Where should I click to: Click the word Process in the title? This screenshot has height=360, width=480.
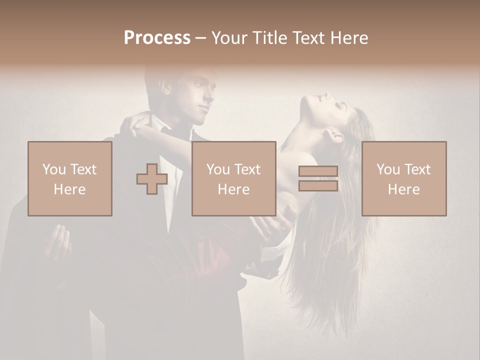pyautogui.click(x=157, y=38)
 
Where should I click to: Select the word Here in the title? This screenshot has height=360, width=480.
pyautogui.click(x=348, y=38)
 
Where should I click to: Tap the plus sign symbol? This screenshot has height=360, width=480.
pyautogui.click(x=152, y=179)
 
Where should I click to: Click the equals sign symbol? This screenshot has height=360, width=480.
pyautogui.click(x=318, y=179)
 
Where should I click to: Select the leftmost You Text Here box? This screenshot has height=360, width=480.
pyautogui.click(x=70, y=178)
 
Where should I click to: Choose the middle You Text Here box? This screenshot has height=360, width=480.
pyautogui.click(x=233, y=178)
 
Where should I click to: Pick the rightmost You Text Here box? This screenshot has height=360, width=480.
pyautogui.click(x=404, y=178)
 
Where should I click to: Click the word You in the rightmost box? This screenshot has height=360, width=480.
pyautogui.click(x=387, y=169)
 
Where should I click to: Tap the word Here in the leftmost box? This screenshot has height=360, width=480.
pyautogui.click(x=70, y=189)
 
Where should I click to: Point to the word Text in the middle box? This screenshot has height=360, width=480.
pyautogui.click(x=247, y=169)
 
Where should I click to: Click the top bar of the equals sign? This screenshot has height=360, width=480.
pyautogui.click(x=318, y=171)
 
